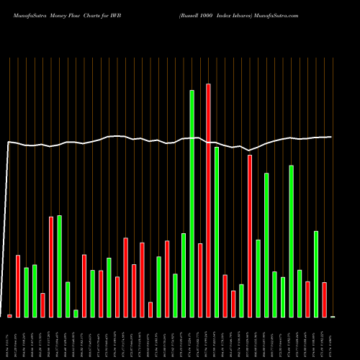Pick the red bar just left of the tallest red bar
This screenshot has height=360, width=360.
point(200,280)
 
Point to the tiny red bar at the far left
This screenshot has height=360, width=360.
point(9,315)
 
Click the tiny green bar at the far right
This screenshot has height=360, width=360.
point(333,316)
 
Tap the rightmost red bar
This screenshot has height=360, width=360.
point(324,300)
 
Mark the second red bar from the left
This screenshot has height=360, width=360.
point(18,286)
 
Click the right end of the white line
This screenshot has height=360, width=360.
point(331,137)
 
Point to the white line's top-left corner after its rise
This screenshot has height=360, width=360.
point(9,143)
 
